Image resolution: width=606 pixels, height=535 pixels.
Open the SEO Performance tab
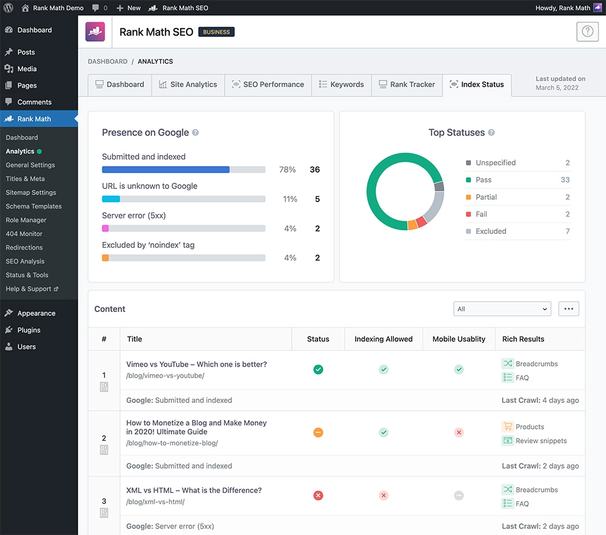268,85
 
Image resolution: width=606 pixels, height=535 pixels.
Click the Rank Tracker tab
407,85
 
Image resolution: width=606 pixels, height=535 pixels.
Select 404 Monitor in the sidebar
24,234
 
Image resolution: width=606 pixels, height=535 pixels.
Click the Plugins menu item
28,330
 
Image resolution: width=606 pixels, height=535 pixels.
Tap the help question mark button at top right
587,32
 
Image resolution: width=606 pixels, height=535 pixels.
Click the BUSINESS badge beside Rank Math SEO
216,32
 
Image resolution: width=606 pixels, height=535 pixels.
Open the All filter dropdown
502,309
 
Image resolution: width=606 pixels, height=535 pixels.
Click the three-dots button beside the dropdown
568,309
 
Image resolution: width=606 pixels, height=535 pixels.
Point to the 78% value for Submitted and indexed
287,170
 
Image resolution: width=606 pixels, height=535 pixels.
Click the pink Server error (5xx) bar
105,228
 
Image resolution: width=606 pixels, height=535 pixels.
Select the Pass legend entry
483,180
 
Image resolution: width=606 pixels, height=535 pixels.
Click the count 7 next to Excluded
567,231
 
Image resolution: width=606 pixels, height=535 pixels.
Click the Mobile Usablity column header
459,339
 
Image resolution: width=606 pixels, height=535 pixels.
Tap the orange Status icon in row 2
318,433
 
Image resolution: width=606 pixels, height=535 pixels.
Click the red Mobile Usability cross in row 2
459,433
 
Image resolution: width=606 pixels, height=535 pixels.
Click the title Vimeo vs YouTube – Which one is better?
196,365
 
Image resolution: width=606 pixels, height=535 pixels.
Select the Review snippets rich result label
541,441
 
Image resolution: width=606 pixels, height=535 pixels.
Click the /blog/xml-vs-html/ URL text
155,502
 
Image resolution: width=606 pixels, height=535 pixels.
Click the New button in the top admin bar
128,8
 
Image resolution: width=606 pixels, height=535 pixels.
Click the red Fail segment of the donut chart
421,222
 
